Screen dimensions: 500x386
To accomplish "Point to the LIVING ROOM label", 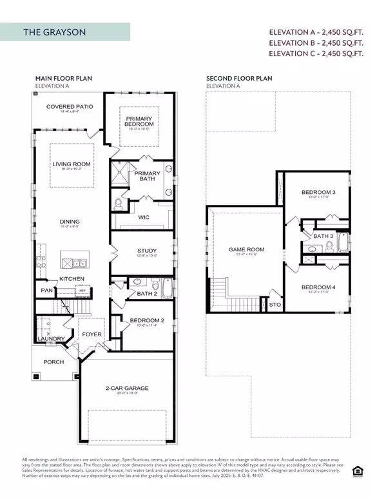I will tap(71, 164).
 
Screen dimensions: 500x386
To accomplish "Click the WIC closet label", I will tap(144, 218).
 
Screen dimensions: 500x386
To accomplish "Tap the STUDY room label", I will tap(147, 251).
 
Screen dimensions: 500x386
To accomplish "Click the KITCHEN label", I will tap(72, 278).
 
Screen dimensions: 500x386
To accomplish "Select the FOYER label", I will tap(90, 334).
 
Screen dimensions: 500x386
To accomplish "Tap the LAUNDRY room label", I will tap(50, 338).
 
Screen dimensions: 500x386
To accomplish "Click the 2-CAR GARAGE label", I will tap(127, 388).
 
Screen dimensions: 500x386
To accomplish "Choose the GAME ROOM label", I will tap(247, 249).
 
